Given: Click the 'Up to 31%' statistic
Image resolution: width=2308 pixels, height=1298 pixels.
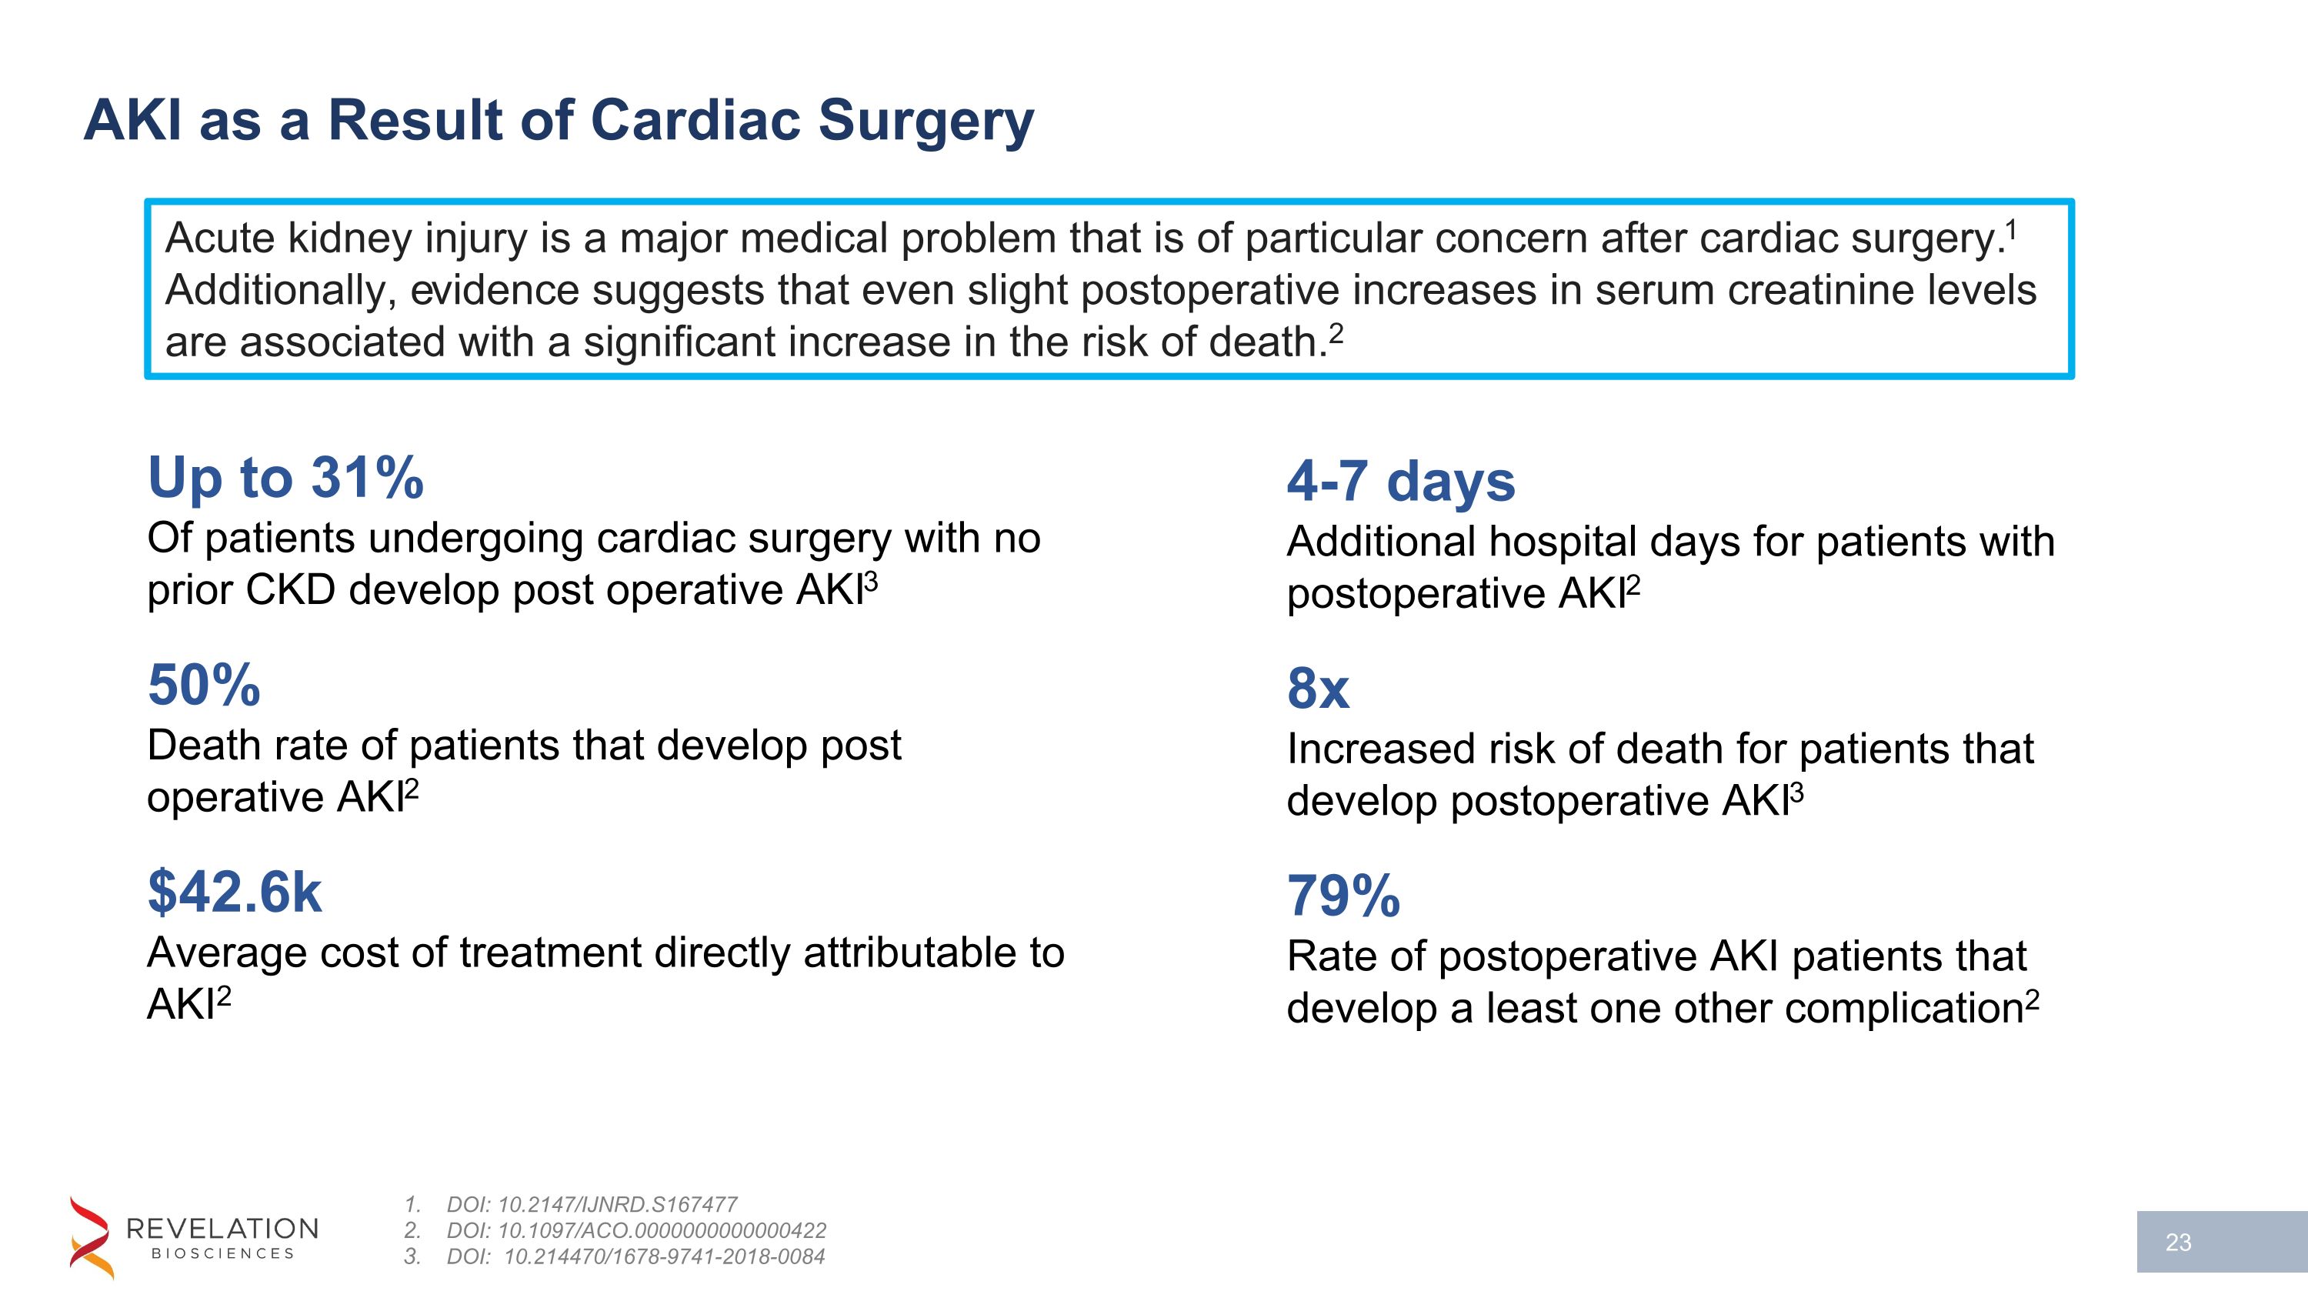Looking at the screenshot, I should [x=285, y=478].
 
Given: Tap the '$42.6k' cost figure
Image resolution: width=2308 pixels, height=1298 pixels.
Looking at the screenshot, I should [x=234, y=893].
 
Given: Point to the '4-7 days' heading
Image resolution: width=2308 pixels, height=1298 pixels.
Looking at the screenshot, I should [x=1400, y=481].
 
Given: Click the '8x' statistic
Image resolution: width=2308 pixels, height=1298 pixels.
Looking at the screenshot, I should [x=1317, y=689].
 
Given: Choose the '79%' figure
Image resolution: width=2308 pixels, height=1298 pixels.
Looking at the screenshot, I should [x=1342, y=896].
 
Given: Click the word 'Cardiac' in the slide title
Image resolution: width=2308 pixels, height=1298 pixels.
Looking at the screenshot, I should [x=696, y=120].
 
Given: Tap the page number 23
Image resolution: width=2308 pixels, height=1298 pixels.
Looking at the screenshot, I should [x=2177, y=1243].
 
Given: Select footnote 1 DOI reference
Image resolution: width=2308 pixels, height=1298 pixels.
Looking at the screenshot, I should [x=592, y=1204].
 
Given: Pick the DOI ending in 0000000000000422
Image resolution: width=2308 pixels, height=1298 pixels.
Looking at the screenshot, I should [x=636, y=1230].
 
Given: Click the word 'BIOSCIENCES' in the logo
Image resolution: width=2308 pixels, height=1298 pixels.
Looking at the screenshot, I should [x=223, y=1253].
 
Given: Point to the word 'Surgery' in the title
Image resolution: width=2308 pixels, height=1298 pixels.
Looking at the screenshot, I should [x=926, y=120].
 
